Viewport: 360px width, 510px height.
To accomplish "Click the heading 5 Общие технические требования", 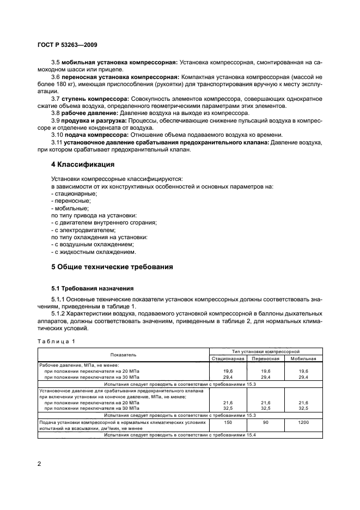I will (x=112, y=267).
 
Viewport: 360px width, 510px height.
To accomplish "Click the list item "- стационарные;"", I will (x=73, y=193).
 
